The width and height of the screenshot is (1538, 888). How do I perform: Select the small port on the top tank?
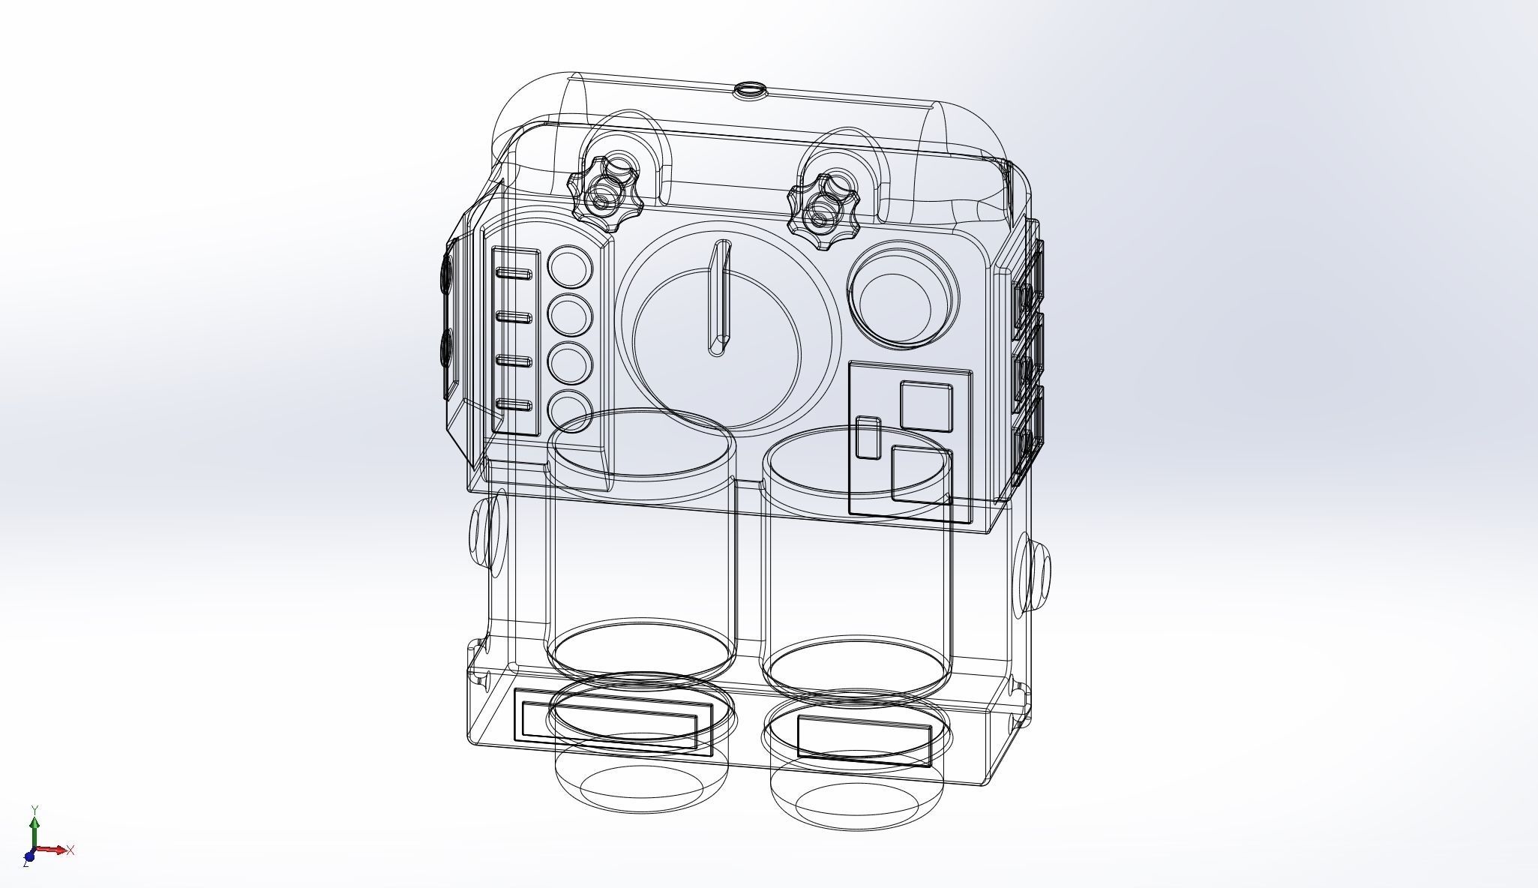point(749,91)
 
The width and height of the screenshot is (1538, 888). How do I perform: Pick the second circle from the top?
point(571,314)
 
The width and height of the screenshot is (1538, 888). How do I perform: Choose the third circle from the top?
point(571,361)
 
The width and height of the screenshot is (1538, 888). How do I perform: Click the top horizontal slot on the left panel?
point(514,274)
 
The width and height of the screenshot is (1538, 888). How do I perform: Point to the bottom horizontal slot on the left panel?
point(514,406)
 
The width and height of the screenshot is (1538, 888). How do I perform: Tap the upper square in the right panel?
point(926,406)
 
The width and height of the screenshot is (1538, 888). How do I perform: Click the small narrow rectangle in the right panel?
point(868,437)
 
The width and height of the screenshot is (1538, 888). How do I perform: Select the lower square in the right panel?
point(922,474)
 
